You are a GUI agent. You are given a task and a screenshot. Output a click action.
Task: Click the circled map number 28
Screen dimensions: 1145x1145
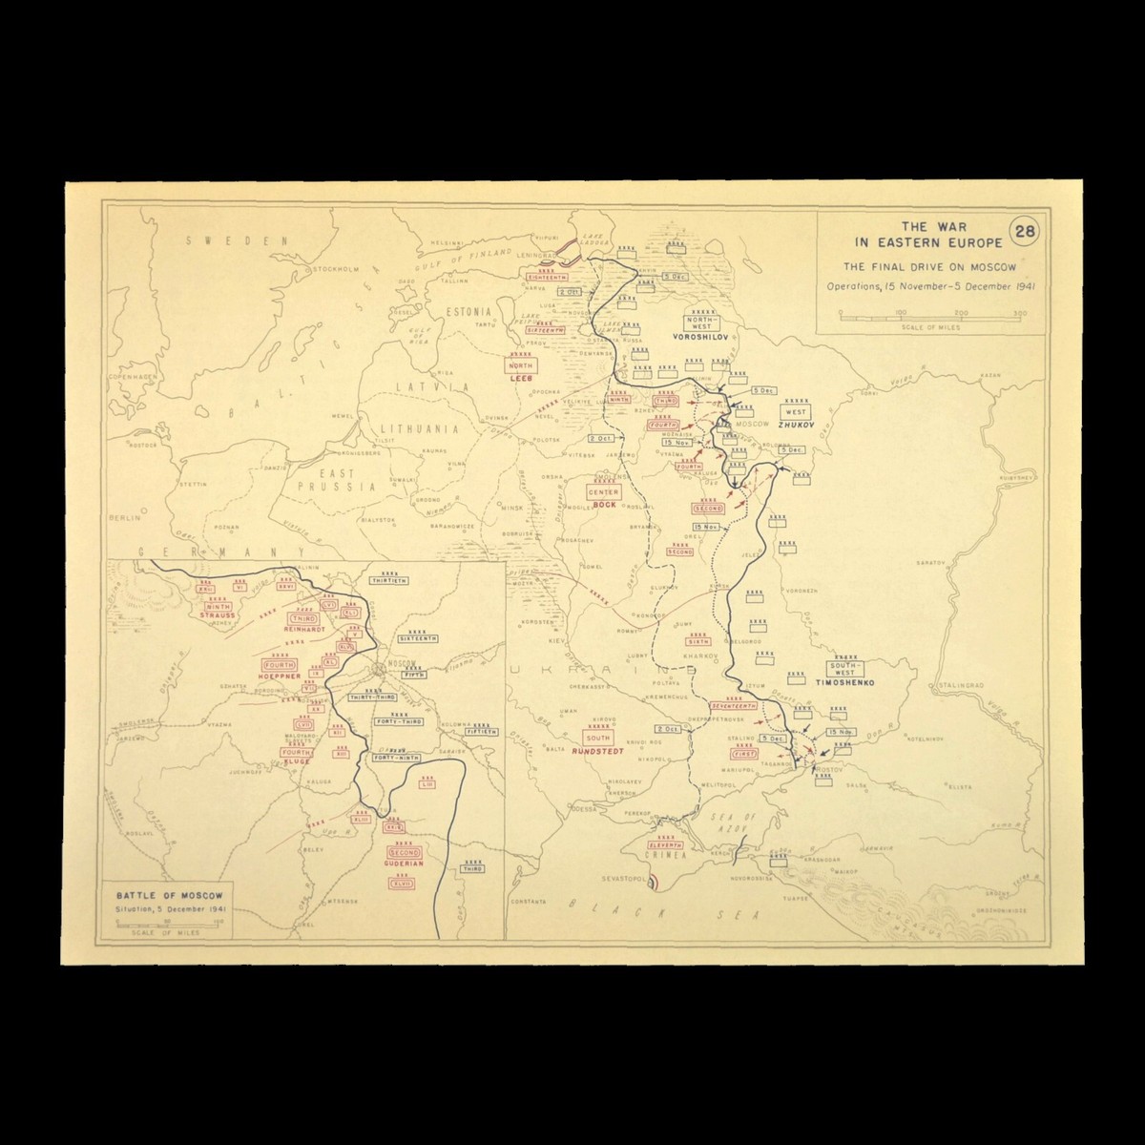[x=1022, y=232]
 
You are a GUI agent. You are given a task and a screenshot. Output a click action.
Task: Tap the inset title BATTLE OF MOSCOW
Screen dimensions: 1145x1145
[x=168, y=896]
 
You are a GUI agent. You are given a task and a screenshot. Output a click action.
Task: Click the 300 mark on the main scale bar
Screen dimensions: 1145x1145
[x=1019, y=312]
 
